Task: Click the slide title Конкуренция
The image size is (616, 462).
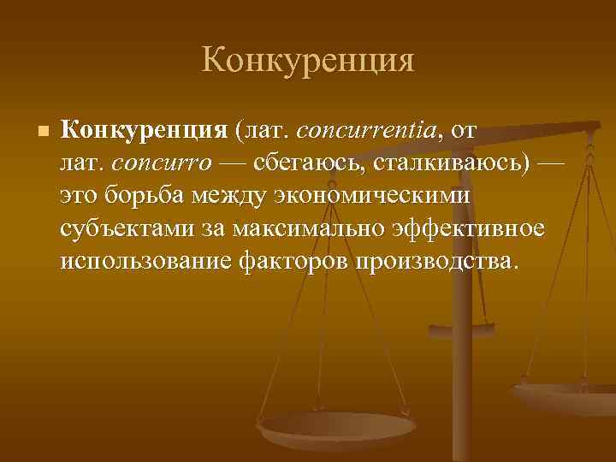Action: (308, 61)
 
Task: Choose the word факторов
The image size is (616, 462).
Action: (294, 262)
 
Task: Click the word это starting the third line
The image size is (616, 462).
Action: (80, 197)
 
